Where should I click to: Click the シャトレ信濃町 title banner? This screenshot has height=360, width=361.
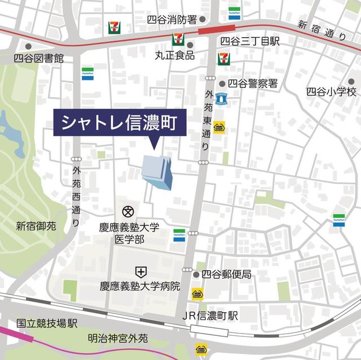[120, 122]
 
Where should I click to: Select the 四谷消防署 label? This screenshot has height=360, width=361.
[171, 20]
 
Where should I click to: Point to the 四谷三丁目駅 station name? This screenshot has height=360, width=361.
[249, 41]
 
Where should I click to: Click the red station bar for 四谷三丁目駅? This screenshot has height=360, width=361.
[217, 29]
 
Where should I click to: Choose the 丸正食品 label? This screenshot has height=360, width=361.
[175, 56]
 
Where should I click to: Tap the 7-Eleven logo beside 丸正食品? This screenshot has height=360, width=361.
[177, 40]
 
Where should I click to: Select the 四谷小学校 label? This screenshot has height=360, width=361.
[332, 91]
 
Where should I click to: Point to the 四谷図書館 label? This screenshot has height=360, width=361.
[39, 58]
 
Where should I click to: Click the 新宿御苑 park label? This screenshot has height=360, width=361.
[36, 226]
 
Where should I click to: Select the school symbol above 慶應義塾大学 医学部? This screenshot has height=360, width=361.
[127, 212]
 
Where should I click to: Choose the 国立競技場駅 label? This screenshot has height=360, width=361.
[46, 323]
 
